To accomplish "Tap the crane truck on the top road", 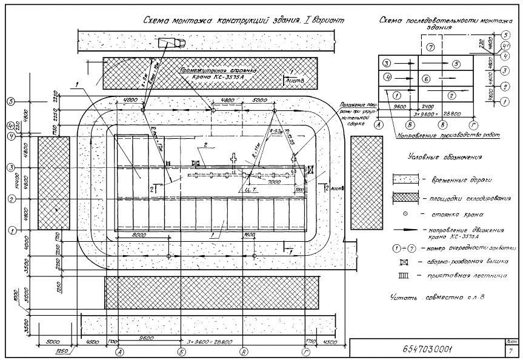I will pyautogui.click(x=172, y=43).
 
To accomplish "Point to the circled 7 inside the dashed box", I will pyautogui.click(x=430, y=47).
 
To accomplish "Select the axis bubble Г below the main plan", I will pyautogui.click(x=304, y=352).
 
